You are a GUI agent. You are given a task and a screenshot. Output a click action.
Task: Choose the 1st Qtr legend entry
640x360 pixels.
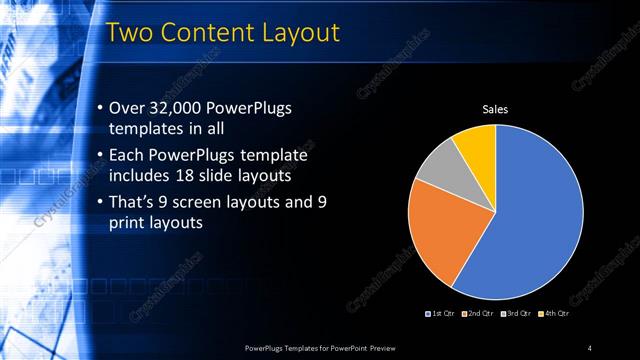pos(442,314)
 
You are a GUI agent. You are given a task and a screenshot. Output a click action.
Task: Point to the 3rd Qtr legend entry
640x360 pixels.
pos(516,314)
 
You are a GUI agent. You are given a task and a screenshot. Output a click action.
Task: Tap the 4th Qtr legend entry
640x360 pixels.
pos(553,314)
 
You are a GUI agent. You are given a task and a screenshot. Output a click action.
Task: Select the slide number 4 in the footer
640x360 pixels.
pos(589,347)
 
